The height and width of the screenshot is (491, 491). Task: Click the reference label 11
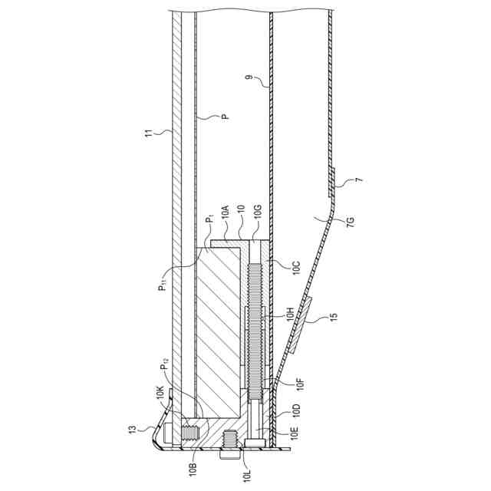[150, 133]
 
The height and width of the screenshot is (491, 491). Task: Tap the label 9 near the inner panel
[249, 77]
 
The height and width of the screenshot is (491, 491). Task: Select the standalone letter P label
[225, 117]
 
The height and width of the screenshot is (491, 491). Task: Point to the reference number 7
[359, 180]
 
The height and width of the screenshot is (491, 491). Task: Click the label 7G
[351, 220]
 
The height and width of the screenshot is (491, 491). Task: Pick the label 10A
[225, 211]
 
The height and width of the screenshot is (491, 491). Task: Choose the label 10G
[258, 211]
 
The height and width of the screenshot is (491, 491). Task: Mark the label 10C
[296, 267]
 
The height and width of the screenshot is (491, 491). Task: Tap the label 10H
[291, 314]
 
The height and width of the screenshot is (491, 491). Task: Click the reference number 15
[334, 316]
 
